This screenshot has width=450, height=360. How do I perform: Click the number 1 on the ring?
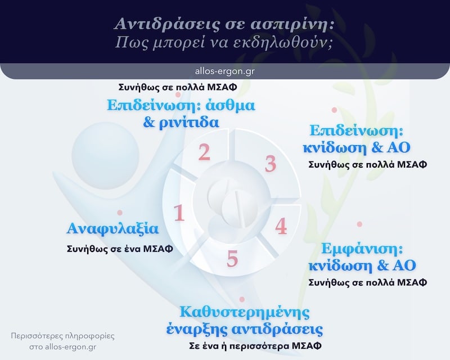tap(179, 213)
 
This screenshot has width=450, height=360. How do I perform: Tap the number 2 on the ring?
tap(204, 152)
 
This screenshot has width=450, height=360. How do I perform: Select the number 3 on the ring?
tap(271, 164)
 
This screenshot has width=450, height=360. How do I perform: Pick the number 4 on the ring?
tap(281, 226)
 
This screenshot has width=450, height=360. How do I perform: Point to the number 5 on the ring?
tap(232, 258)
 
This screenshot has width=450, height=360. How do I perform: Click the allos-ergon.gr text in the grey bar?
tap(224, 71)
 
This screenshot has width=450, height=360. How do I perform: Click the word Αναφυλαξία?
tap(112, 229)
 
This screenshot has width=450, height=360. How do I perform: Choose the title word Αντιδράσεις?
tap(156, 24)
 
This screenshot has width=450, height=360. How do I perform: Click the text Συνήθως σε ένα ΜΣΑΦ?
tap(119, 249)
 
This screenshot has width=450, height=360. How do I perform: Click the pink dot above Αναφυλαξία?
tap(120, 213)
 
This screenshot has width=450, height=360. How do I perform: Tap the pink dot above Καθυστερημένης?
tap(242, 300)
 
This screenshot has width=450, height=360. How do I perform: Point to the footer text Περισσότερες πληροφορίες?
tap(62, 336)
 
